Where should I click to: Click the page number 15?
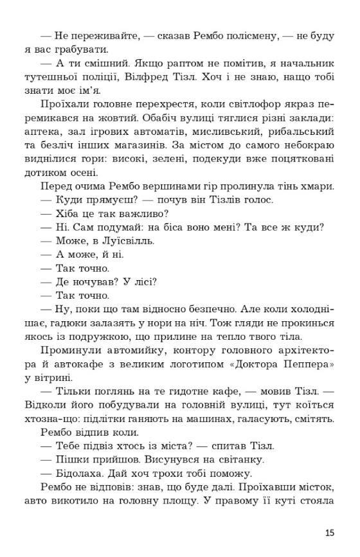point(330,533)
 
